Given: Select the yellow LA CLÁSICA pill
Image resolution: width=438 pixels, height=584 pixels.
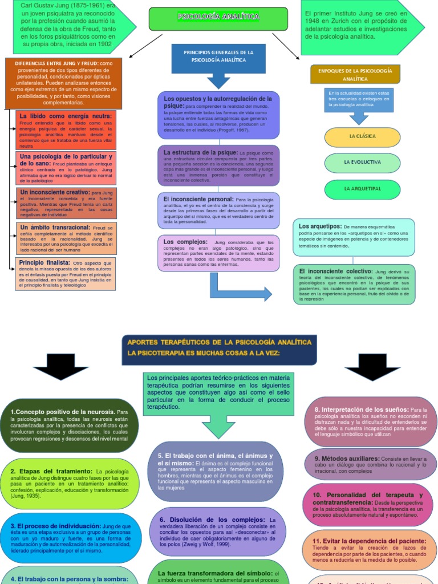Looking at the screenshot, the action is coord(362,137).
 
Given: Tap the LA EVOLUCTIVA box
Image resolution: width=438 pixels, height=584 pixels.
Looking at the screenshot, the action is coord(362,163).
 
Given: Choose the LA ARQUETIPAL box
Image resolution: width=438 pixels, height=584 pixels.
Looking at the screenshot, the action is coord(362,189).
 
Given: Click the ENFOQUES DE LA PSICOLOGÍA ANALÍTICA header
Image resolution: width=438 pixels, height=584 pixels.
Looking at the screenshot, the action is coord(355,74).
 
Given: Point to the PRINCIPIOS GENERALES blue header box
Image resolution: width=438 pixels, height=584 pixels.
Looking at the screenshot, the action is coord(218,56).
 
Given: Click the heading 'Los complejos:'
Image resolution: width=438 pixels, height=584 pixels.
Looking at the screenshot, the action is coord(179,242).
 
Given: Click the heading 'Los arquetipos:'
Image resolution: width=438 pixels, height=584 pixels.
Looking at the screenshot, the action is coord(320,226).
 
